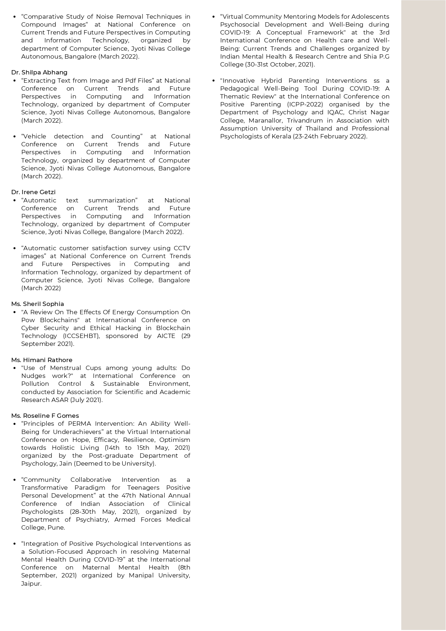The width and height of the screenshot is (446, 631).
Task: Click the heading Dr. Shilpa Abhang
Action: pos(39,72)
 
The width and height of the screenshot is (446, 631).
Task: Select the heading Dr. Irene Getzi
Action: pos(33,192)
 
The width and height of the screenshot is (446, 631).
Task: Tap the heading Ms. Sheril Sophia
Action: pos(37,304)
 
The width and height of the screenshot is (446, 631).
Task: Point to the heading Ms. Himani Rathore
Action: pos(42,360)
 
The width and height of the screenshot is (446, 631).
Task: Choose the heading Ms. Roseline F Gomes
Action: pos(45,416)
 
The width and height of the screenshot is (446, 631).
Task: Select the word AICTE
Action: pos(166,336)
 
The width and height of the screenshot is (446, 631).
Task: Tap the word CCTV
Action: pos(182,248)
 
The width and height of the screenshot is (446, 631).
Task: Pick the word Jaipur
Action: pos(31,584)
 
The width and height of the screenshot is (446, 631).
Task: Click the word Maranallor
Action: pos(265,120)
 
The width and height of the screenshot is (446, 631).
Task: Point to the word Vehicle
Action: pos(34,136)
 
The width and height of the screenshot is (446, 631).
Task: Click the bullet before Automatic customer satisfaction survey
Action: pos(14,248)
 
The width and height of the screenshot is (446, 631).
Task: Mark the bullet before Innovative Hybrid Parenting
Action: pos(214,81)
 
